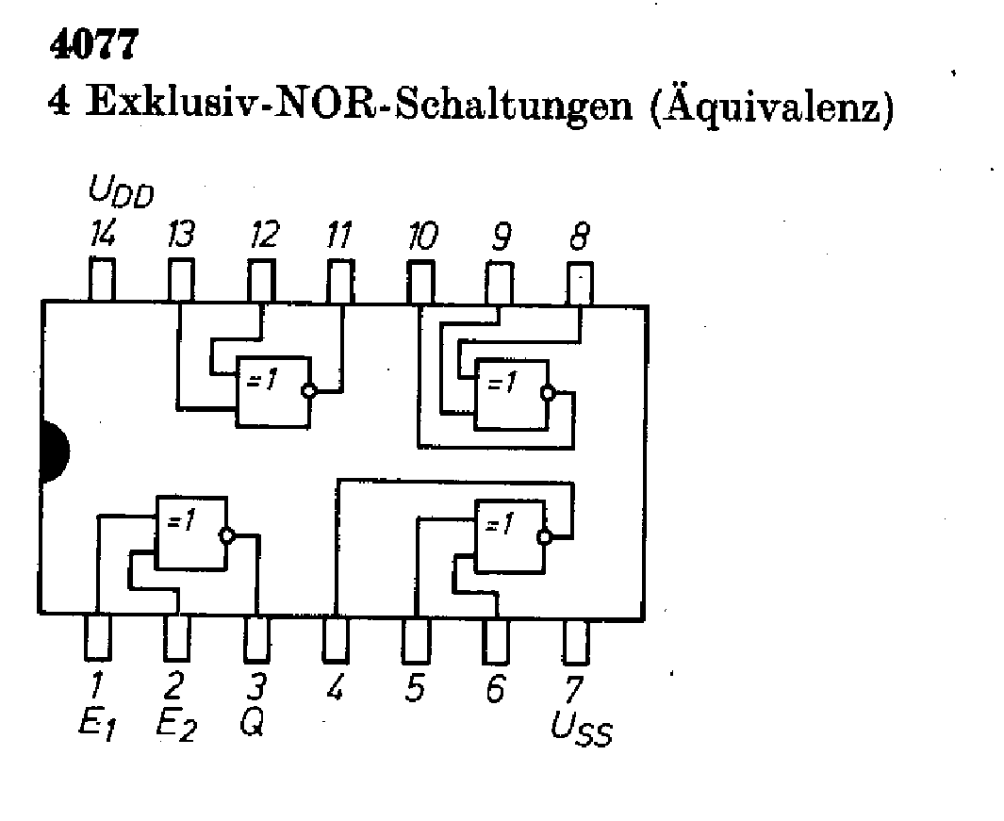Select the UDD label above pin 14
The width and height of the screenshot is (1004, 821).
coord(121,195)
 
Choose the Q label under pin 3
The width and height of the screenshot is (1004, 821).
coord(254,724)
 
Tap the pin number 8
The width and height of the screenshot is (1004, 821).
coord(576,236)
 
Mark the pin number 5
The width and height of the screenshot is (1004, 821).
coord(414,690)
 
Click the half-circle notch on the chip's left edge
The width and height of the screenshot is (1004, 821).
coord(53,454)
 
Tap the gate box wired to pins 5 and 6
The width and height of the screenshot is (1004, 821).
coord(510,536)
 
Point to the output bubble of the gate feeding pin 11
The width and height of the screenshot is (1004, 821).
coord(306,390)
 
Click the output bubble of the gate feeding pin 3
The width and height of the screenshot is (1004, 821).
coord(225,535)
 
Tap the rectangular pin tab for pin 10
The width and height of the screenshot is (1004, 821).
coord(420,280)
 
